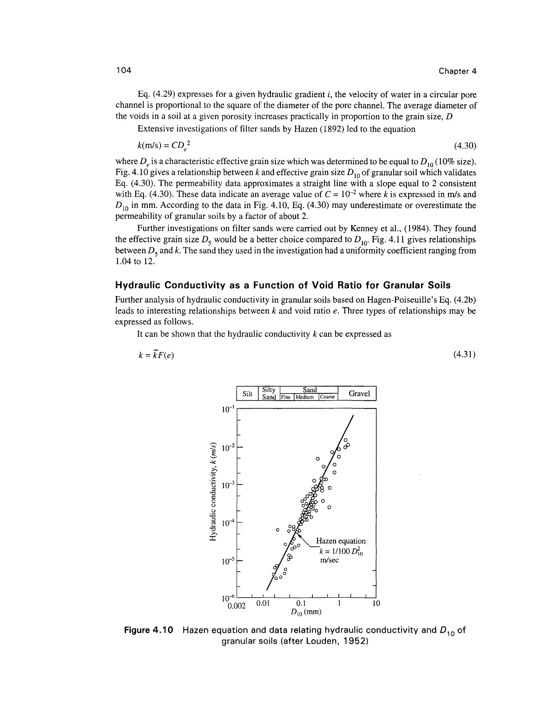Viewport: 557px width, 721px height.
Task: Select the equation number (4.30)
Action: (465, 146)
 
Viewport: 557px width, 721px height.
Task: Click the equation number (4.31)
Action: (464, 355)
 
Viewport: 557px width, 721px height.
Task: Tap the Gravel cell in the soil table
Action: (359, 393)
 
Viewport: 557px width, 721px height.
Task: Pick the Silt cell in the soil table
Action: (247, 393)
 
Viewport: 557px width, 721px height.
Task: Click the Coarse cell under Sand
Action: (327, 397)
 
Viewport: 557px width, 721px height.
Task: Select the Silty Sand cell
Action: (269, 393)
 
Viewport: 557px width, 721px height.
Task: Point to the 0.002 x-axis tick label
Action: (237, 606)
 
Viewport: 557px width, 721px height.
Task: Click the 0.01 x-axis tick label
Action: (263, 603)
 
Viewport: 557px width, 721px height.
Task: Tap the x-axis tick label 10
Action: (376, 603)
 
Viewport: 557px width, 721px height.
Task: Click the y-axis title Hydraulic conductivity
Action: (214, 492)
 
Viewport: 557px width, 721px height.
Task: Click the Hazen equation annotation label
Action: (341, 541)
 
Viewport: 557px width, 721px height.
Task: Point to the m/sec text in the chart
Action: (329, 560)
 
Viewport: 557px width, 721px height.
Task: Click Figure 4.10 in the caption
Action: (148, 630)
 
